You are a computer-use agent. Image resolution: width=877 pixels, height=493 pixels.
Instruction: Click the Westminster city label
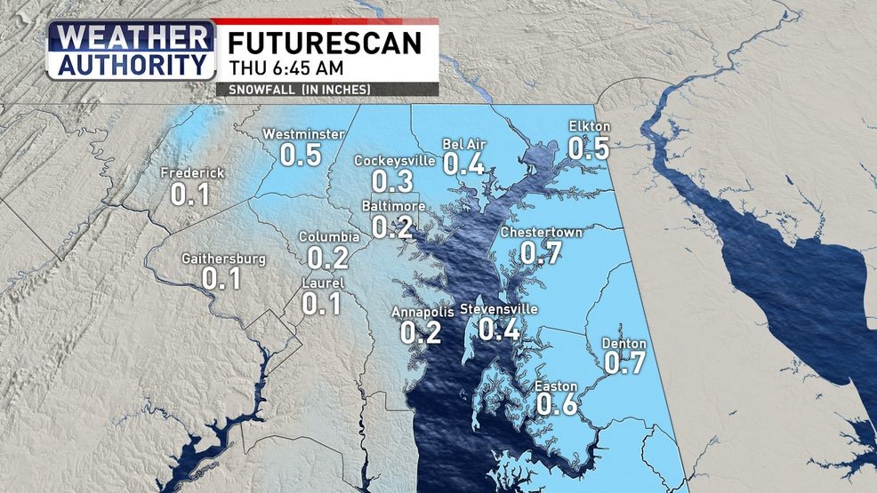coord(303,134)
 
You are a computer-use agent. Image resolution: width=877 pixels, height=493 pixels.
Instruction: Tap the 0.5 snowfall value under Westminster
coord(301,155)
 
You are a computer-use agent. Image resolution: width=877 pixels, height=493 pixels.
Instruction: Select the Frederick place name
coord(192,173)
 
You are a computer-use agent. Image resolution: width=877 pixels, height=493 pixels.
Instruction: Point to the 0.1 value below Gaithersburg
coord(221,279)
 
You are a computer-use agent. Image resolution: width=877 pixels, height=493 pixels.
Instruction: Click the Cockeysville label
coord(394,161)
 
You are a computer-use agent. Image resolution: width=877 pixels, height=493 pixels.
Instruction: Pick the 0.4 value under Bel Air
coord(463,163)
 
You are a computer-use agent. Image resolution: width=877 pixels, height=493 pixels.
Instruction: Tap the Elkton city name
coord(589,126)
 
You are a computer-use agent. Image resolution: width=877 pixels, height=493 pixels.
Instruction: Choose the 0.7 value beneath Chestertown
coord(540,253)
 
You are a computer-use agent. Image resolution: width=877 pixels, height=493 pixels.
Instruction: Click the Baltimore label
coord(392,206)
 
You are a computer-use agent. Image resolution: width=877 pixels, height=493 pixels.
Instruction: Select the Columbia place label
coord(328,237)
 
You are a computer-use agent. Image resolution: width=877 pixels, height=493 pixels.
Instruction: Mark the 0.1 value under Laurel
coord(322,304)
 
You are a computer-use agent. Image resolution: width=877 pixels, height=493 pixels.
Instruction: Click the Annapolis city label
coord(422,312)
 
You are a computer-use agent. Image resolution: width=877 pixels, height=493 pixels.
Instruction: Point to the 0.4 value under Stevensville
coord(499,330)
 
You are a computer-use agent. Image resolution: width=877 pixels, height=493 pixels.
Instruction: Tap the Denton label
coord(624,344)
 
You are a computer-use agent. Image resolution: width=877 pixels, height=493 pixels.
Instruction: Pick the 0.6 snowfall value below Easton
coord(558,405)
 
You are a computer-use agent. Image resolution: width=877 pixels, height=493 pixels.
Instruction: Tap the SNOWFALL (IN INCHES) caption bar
coord(299,90)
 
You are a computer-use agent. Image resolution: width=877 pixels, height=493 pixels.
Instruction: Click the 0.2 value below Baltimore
coord(392,227)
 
